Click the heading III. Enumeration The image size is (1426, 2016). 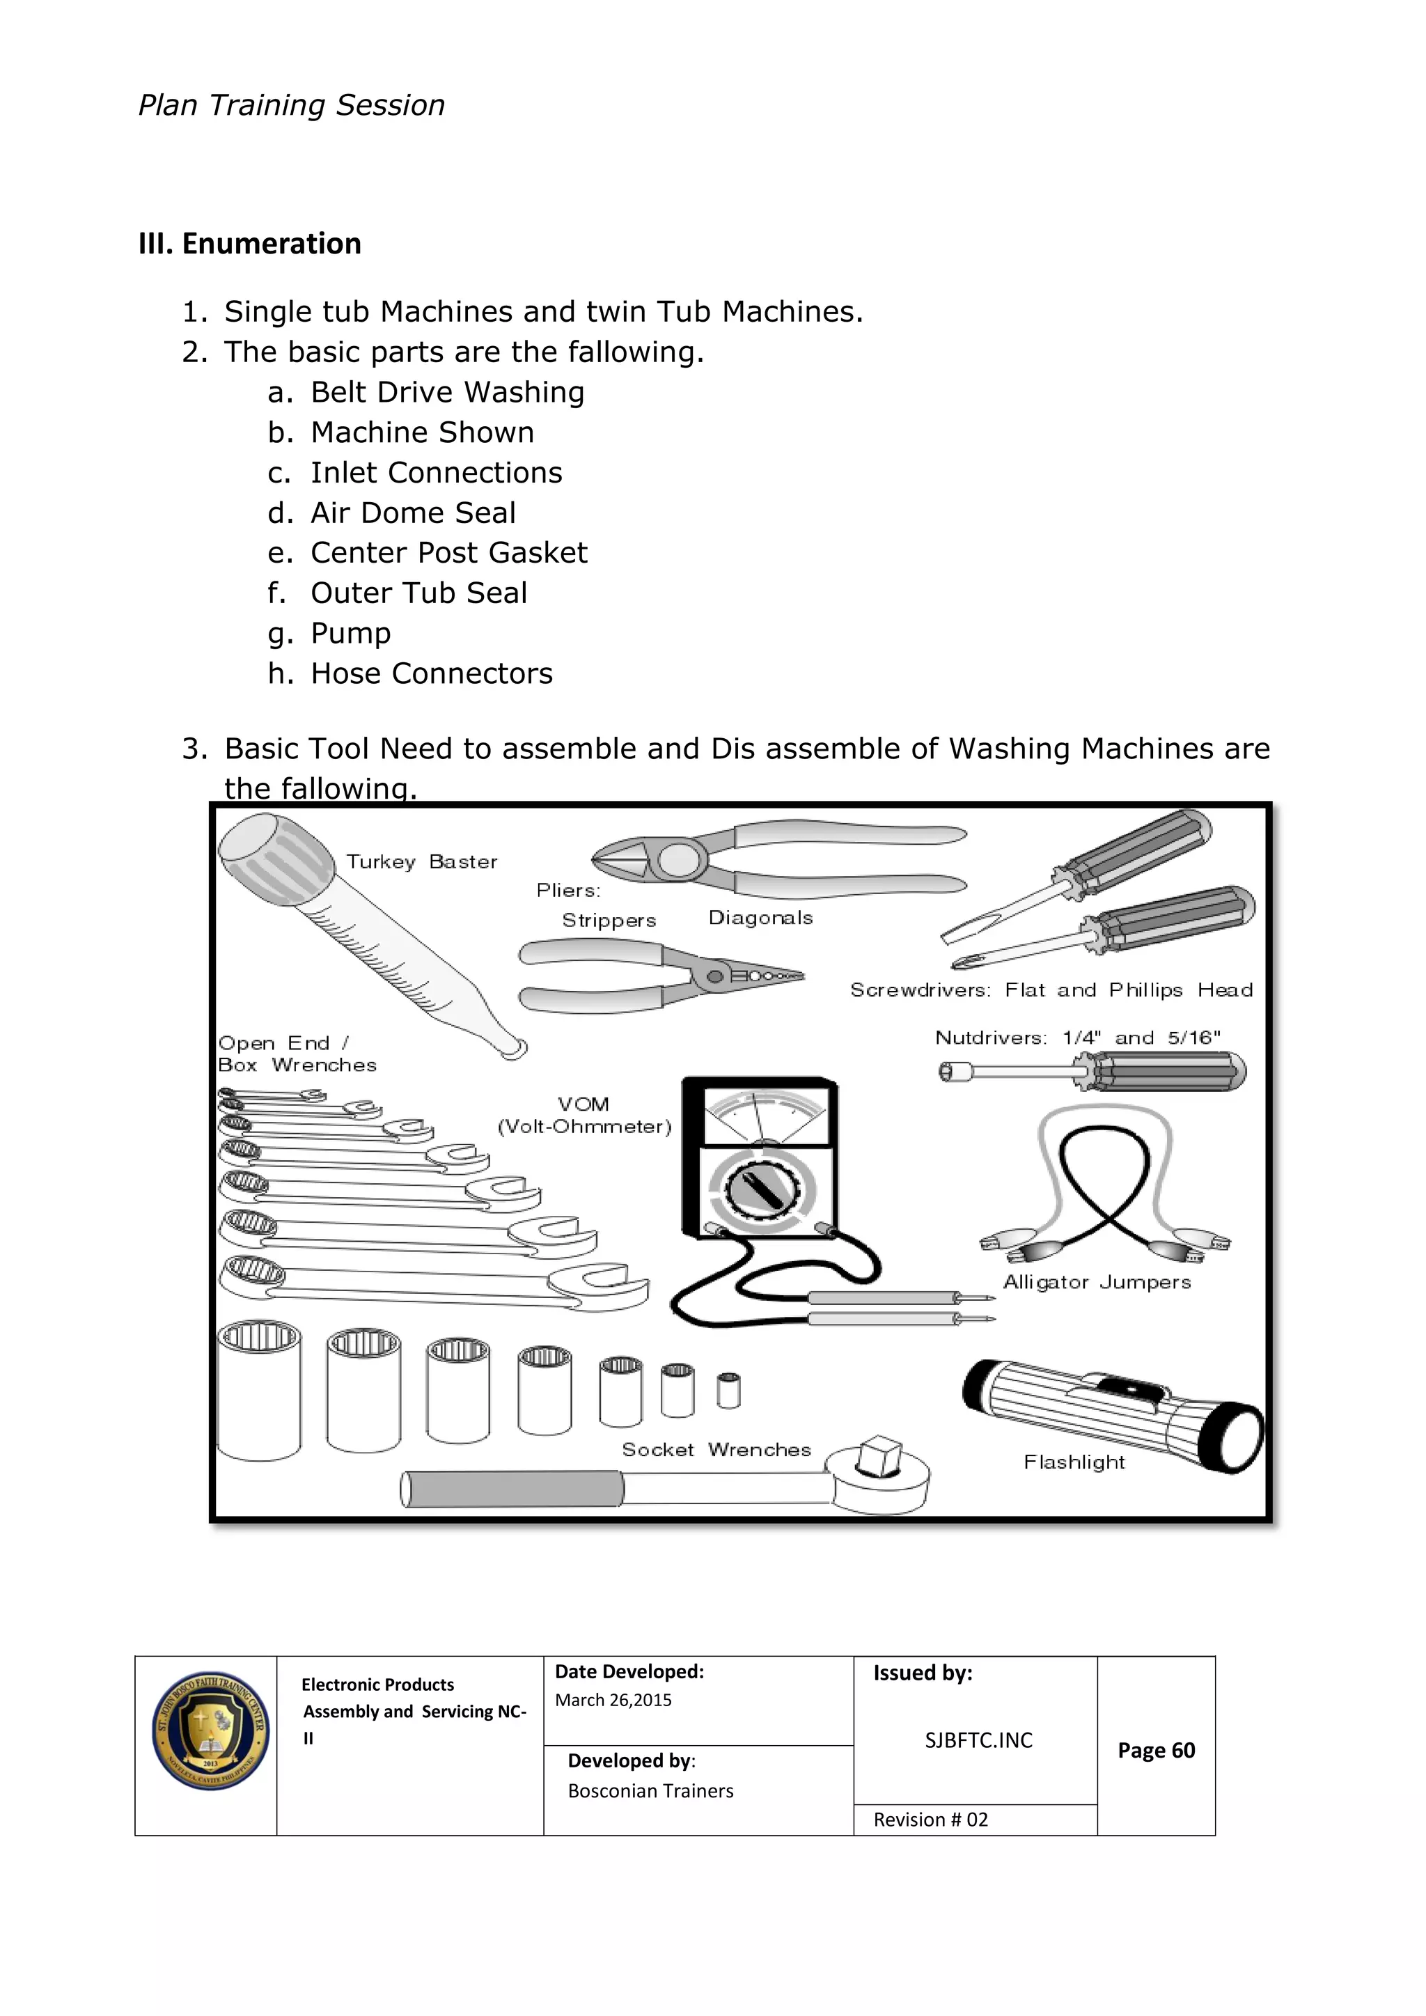click(x=249, y=243)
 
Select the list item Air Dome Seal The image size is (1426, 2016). click(x=413, y=513)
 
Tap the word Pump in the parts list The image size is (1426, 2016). click(x=350, y=633)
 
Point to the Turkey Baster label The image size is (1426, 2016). click(x=421, y=861)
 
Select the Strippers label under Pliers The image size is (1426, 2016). click(x=609, y=920)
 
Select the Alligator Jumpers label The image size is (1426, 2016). click(x=1097, y=1283)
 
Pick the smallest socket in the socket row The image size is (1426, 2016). click(x=728, y=1390)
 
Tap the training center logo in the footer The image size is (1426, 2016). click(x=209, y=1730)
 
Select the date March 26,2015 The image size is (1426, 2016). click(x=613, y=1700)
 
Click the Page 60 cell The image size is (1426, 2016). click(x=1156, y=1750)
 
